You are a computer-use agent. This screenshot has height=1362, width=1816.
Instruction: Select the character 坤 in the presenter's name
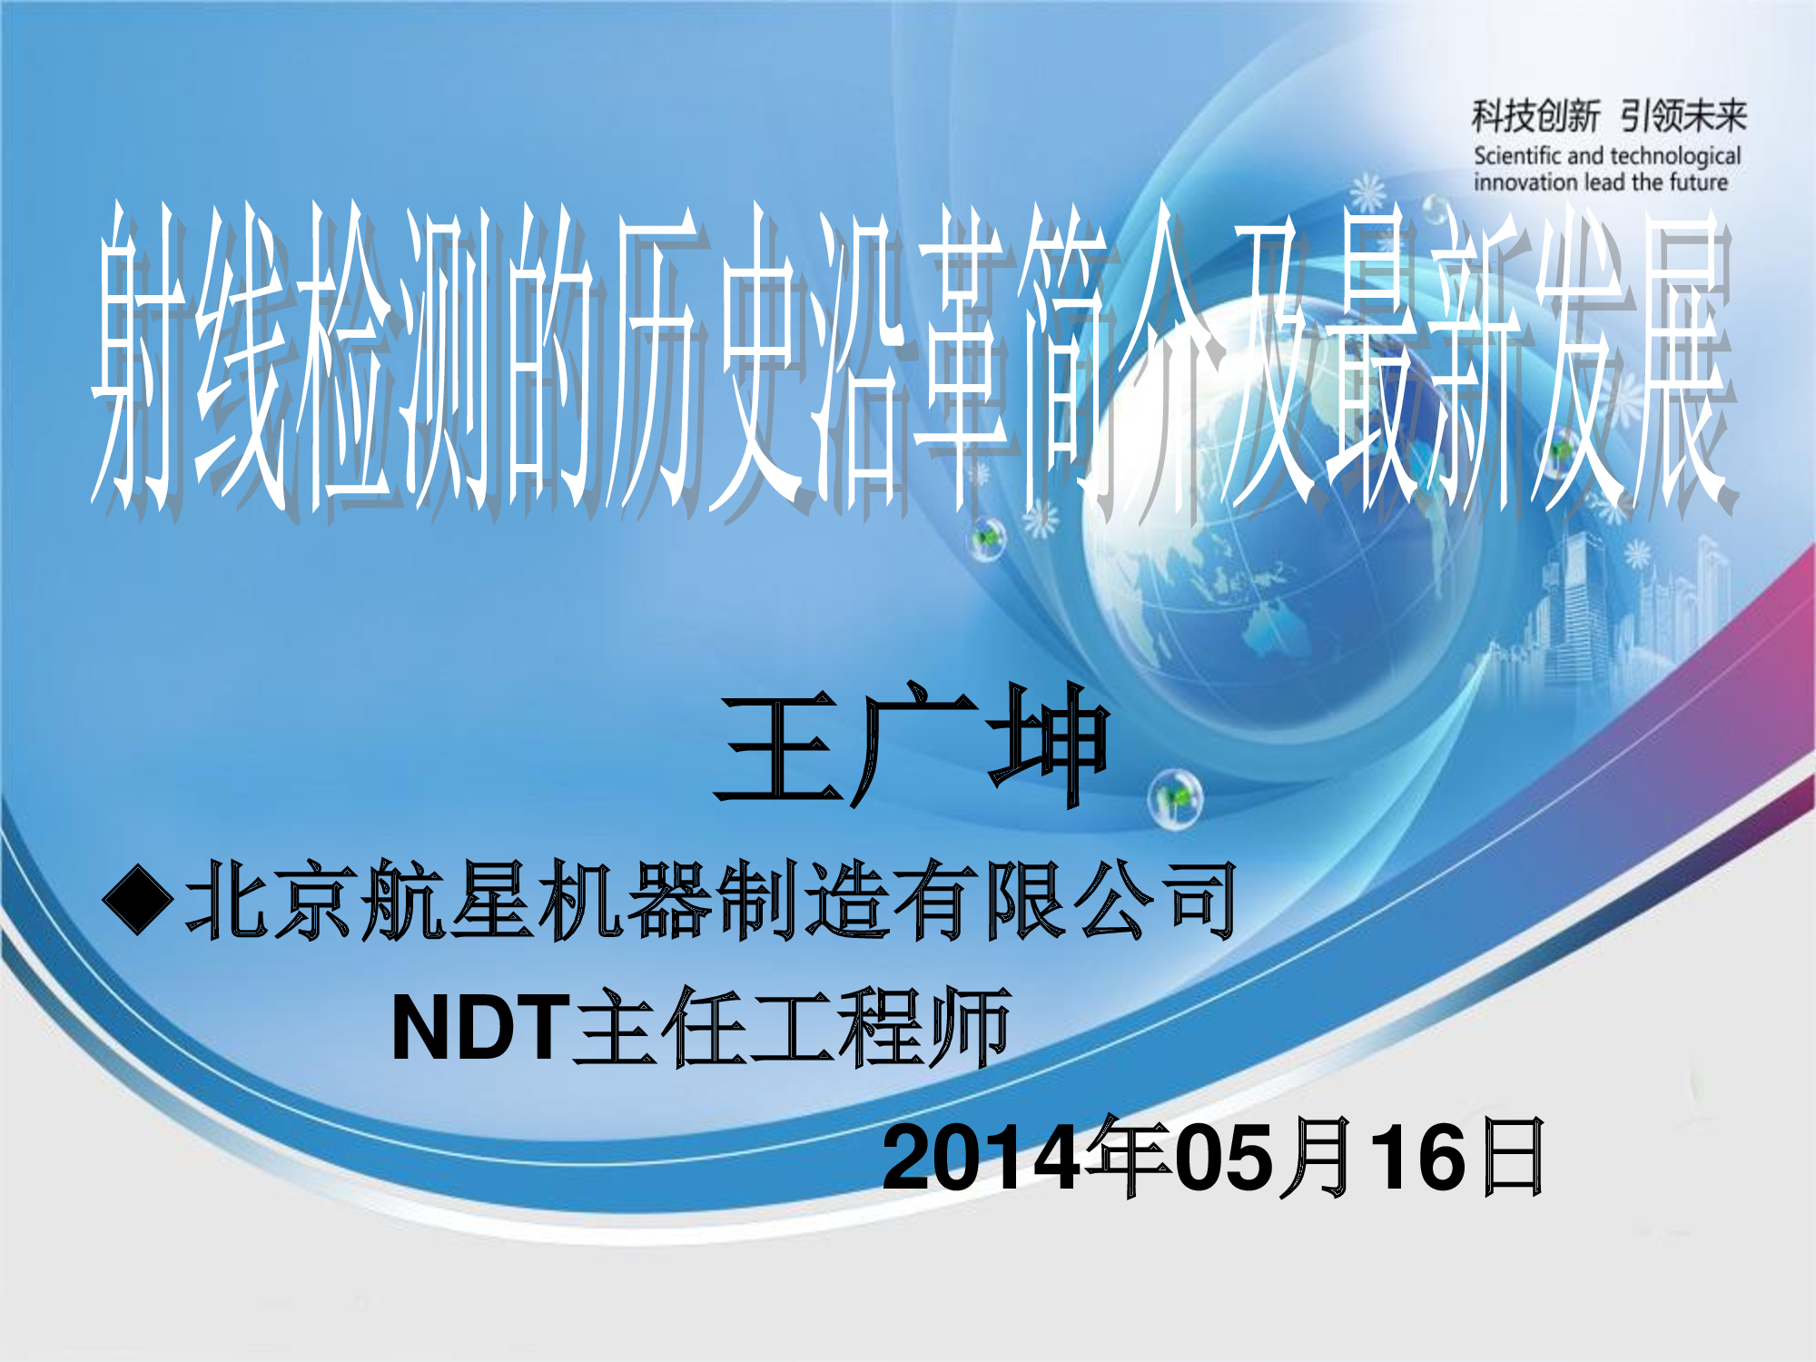click(x=1049, y=745)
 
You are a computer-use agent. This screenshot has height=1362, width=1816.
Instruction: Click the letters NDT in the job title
click(x=479, y=1027)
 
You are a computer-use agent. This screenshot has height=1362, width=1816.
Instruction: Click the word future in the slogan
click(x=1697, y=183)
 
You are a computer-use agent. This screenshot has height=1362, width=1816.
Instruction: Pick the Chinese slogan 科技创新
click(x=1535, y=116)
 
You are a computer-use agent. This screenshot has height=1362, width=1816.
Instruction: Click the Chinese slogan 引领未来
click(x=1683, y=116)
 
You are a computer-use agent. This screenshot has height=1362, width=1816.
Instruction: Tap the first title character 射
click(x=141, y=359)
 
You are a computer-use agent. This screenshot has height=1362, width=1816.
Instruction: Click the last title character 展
click(x=1684, y=359)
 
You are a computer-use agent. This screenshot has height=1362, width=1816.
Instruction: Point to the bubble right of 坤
click(x=1175, y=798)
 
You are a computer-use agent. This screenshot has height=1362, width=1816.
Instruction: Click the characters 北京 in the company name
click(x=268, y=900)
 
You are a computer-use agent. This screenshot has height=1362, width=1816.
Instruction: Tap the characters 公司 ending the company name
click(x=1154, y=900)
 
